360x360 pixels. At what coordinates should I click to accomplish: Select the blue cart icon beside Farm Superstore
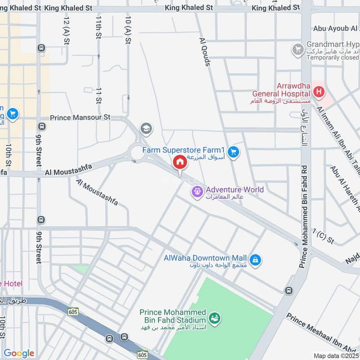[x=233, y=153]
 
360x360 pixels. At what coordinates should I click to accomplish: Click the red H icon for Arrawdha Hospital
[x=319, y=92]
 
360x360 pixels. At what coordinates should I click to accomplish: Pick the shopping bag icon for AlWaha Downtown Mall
[x=255, y=261]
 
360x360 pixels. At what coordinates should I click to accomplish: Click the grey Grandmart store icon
[x=297, y=49]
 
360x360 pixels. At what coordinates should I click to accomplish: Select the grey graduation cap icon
[x=146, y=129]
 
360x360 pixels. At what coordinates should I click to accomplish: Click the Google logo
[x=18, y=353]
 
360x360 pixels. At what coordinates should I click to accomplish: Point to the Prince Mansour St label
[x=80, y=117]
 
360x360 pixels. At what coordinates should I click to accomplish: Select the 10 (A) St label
[x=129, y=30]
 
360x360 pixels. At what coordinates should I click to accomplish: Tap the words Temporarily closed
[x=333, y=58]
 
